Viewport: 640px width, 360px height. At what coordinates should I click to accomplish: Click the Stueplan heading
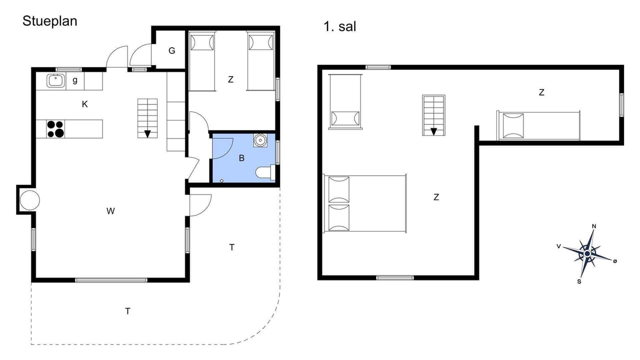coord(50,21)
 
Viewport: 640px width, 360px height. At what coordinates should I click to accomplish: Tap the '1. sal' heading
coord(339,26)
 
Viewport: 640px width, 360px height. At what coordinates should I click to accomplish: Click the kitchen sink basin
coord(55,80)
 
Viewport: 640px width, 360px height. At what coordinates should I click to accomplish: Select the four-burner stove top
coord(55,129)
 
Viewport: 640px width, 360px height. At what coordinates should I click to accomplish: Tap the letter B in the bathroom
coord(241,158)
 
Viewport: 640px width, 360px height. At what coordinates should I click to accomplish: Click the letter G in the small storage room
coord(171,50)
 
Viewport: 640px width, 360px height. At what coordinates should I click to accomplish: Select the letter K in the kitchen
coord(84,104)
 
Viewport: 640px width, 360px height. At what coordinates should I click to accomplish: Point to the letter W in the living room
coord(110,211)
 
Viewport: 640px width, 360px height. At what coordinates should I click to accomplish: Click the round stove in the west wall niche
coord(29,200)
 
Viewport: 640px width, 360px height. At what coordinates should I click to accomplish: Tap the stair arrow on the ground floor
coord(147,133)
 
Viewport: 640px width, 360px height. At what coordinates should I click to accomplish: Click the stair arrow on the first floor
coord(433,131)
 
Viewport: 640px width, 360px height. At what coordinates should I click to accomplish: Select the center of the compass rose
coord(587,253)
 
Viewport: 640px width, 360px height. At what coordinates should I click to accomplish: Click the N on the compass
coord(594,226)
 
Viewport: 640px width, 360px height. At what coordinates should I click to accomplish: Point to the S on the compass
coord(579,281)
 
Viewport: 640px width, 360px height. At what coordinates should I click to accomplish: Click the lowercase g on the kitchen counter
coord(75,80)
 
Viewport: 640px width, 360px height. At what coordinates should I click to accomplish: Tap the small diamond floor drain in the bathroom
coord(221,181)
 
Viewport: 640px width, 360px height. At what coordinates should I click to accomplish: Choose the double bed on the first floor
coord(365,203)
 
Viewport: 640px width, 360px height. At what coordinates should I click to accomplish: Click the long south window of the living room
coord(111,280)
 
